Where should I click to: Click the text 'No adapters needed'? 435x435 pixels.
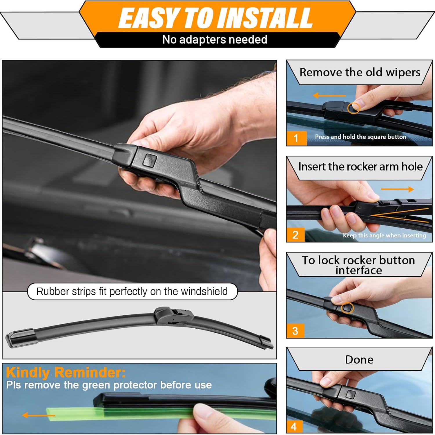click(x=215, y=40)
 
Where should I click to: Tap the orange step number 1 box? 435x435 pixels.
click(x=296, y=138)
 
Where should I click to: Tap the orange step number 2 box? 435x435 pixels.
click(x=295, y=234)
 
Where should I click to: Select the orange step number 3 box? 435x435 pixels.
click(x=295, y=331)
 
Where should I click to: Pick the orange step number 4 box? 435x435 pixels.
click(x=294, y=426)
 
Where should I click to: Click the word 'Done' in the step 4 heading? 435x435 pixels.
click(x=359, y=360)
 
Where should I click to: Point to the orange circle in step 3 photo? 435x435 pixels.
click(x=347, y=308)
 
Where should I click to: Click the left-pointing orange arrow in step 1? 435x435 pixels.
click(x=329, y=96)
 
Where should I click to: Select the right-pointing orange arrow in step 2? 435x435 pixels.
click(x=397, y=189)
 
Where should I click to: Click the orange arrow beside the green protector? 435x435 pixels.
click(x=38, y=415)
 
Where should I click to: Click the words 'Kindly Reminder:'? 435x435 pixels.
click(x=66, y=372)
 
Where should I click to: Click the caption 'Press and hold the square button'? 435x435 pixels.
click(x=360, y=137)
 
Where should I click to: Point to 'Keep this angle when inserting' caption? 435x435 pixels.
click(x=384, y=235)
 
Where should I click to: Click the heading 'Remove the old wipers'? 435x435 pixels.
click(x=360, y=72)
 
